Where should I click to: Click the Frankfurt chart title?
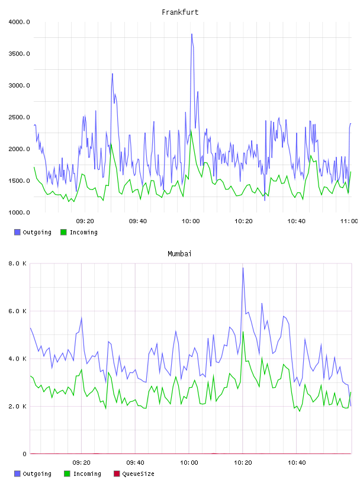click(x=180, y=12)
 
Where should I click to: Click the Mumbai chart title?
click(x=179, y=253)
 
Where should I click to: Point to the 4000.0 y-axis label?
click(x=19, y=22)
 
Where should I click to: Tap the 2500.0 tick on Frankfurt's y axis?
click(x=19, y=117)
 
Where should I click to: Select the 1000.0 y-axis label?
click(x=19, y=212)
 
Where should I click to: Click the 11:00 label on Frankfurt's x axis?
click(x=349, y=221)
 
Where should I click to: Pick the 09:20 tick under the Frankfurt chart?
click(x=85, y=221)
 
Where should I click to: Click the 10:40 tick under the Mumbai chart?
click(x=297, y=462)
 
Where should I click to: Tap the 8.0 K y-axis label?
click(x=17, y=263)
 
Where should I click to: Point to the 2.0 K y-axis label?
click(x=17, y=406)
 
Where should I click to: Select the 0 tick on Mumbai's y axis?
click(x=24, y=454)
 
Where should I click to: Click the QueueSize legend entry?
click(x=134, y=474)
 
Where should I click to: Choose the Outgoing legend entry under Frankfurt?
click(x=33, y=232)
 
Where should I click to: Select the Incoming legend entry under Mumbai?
click(x=82, y=474)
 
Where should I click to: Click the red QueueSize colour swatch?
click(x=117, y=474)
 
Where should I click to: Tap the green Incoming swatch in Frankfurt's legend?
click(x=63, y=232)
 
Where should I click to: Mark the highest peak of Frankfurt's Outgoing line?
click(x=192, y=34)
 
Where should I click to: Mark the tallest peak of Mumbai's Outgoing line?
click(x=243, y=268)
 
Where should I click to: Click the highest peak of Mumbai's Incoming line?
click(x=243, y=331)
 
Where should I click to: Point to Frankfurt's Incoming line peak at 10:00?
click(x=191, y=130)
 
